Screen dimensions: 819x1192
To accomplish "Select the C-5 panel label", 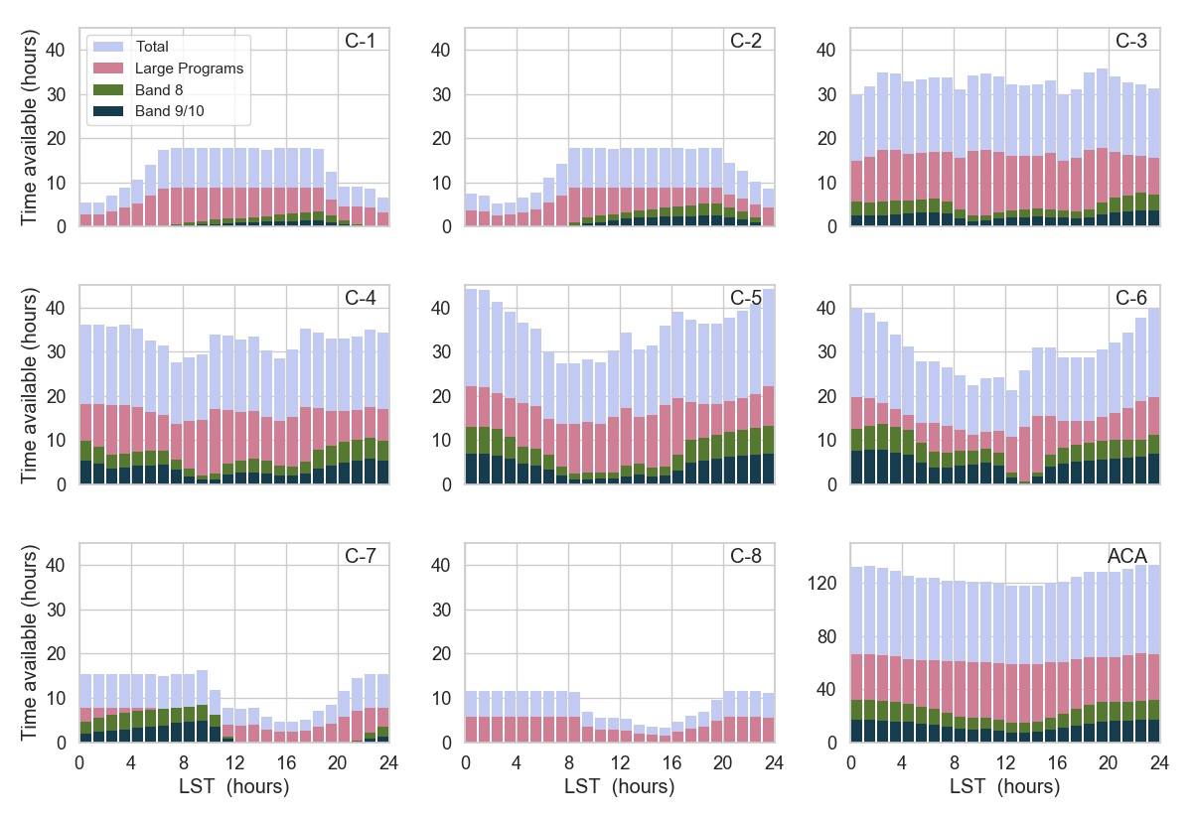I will point(745,299).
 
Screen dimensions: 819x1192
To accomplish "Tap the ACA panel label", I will point(1128,556).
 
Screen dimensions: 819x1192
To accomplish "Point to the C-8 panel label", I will point(745,556).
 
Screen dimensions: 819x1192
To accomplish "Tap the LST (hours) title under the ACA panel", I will point(1004,787).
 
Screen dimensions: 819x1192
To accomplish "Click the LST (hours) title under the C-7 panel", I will point(233,787).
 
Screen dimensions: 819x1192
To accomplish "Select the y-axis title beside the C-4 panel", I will point(30,385).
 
